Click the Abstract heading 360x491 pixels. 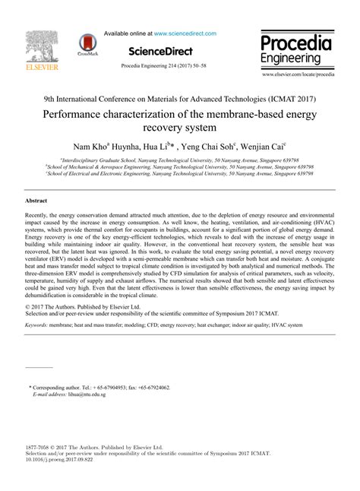tap(36, 200)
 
